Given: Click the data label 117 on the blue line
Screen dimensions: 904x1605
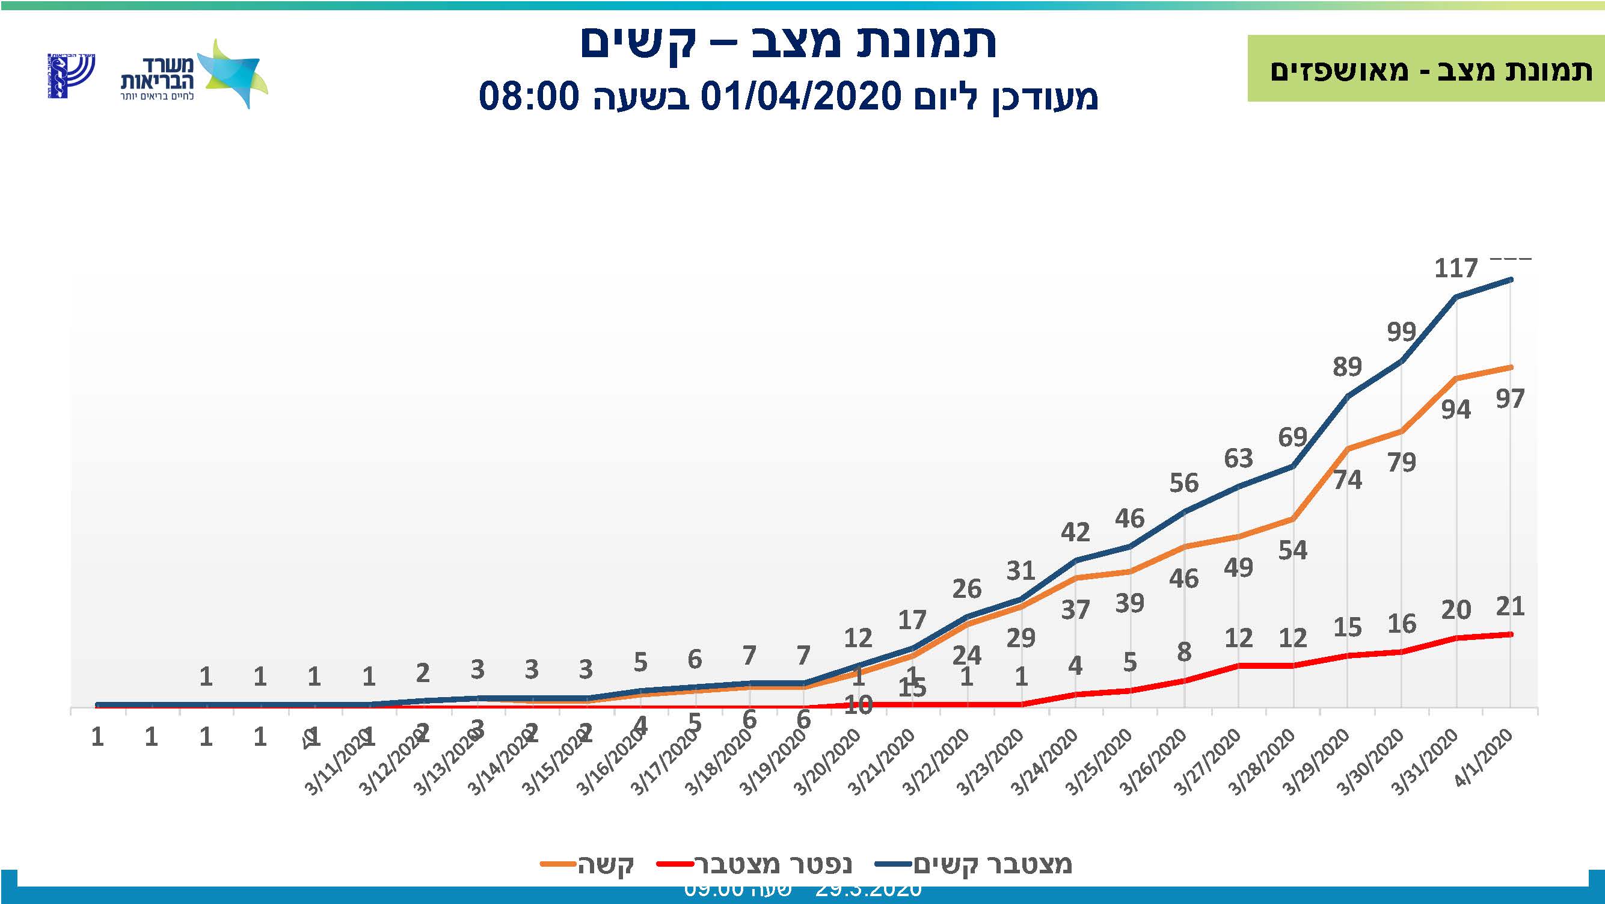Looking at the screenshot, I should click(x=1455, y=268).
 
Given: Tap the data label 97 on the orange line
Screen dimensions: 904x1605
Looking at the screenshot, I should click(x=1509, y=399).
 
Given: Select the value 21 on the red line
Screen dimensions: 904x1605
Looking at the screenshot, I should click(x=1509, y=606).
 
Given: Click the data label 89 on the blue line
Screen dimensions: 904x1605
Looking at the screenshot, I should click(x=1347, y=366).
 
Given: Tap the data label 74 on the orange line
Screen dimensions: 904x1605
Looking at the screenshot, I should click(x=1347, y=480).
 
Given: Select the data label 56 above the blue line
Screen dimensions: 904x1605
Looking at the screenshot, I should click(x=1184, y=483).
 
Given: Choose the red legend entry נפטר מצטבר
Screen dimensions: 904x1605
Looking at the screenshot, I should click(x=755, y=864).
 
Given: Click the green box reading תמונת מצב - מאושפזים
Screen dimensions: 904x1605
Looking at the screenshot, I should click(x=1426, y=69).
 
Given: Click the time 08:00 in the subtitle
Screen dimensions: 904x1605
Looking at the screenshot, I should click(x=529, y=97).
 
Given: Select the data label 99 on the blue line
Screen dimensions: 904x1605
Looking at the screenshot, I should click(x=1401, y=332).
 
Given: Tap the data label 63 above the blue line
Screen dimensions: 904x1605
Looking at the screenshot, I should click(x=1238, y=458).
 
